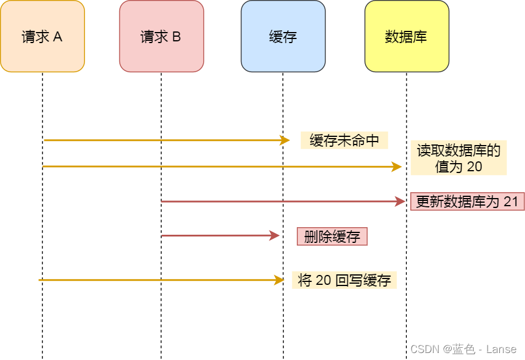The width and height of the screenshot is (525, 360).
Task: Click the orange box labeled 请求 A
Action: coord(42,36)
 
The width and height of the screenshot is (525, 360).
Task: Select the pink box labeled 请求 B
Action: coord(161,36)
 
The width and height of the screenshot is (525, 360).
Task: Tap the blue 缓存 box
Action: coord(283,36)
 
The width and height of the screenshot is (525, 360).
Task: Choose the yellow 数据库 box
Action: coord(406,36)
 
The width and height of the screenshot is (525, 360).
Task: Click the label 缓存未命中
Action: coord(344,140)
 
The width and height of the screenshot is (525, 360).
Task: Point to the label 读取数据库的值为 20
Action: coord(459,158)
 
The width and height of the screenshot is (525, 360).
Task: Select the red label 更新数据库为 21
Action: coord(467,202)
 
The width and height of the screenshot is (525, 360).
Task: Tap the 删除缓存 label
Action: coord(332,236)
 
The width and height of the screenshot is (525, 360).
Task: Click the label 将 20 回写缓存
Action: coord(344,280)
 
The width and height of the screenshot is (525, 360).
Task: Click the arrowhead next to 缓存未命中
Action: coord(285,140)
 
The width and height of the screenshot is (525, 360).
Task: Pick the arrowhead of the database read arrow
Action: coord(397,167)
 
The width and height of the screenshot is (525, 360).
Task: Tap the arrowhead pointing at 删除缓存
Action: coord(275,236)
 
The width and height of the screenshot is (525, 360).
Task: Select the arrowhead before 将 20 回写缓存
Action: coord(279,280)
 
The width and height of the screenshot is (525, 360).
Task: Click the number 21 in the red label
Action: coord(510,202)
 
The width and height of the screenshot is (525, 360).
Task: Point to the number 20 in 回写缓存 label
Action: coord(323,280)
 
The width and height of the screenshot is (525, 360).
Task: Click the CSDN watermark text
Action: coord(424,349)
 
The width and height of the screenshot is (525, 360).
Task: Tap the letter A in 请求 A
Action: coord(58,37)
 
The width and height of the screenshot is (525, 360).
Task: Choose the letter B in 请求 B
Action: coord(176,37)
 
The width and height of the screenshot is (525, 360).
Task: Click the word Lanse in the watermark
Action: coord(501,349)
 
